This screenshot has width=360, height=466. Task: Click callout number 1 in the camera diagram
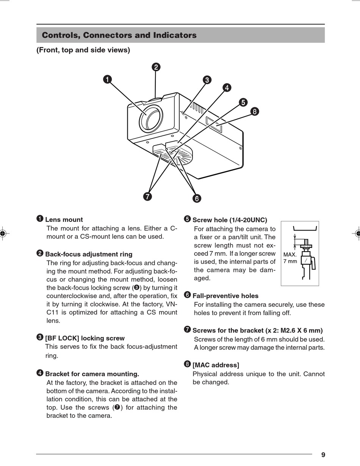pos(107,79)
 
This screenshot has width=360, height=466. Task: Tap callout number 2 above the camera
pos(156,67)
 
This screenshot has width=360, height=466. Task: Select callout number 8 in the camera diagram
pos(255,111)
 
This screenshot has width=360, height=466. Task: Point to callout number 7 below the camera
pos(147,196)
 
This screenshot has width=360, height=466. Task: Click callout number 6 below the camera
pos(197,198)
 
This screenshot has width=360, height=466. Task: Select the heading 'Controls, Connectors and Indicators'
pos(119,35)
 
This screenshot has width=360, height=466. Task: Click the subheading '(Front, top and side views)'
pos(83,50)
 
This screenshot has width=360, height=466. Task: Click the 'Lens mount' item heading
pos(64,220)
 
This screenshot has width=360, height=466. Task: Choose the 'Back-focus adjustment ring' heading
pos(89,254)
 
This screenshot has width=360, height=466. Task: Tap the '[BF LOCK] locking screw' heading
pos(85,338)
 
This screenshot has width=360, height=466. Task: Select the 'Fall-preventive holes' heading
pos(225,296)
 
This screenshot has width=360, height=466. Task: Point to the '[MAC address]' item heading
pos(216,365)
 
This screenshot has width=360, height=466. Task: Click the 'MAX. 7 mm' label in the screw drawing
pos(290,258)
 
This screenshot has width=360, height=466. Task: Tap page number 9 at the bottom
pos(323,455)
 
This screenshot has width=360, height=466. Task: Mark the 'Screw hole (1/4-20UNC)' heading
pos(230,220)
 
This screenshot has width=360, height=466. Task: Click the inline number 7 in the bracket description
pos(117,408)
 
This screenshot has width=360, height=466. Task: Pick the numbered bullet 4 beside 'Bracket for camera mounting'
pos(40,373)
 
